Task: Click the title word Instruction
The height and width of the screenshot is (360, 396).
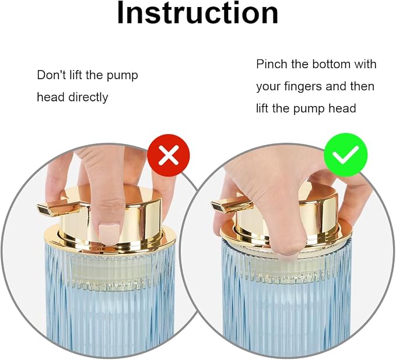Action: tap(198, 13)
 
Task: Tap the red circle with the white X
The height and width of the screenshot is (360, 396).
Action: tap(168, 155)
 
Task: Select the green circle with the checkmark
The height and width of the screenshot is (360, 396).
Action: tap(345, 155)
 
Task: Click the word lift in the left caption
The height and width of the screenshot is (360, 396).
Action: tap(76, 75)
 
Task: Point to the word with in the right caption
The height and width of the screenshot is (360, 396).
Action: tap(365, 64)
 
